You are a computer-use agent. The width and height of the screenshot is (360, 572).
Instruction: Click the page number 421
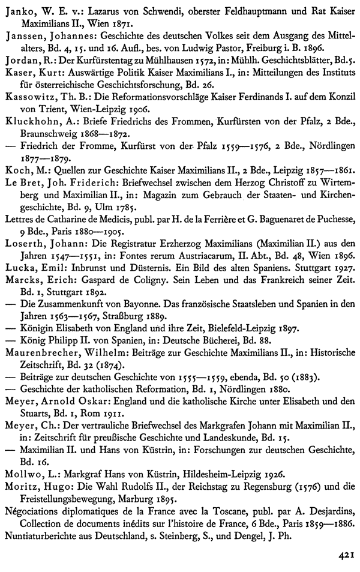click(344, 555)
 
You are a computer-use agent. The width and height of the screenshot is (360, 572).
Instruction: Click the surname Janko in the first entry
click(17, 9)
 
